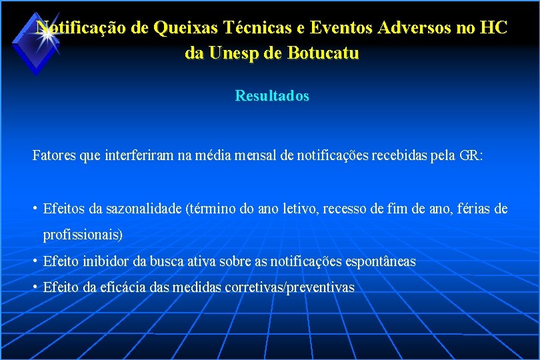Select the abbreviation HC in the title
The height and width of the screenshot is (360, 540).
point(493,28)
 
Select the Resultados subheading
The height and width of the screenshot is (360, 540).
point(272,96)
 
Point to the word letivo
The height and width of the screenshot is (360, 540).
point(298,209)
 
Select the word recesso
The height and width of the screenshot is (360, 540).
point(349,209)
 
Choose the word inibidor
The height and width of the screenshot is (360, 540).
point(107,261)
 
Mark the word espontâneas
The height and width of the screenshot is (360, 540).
point(381,261)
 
